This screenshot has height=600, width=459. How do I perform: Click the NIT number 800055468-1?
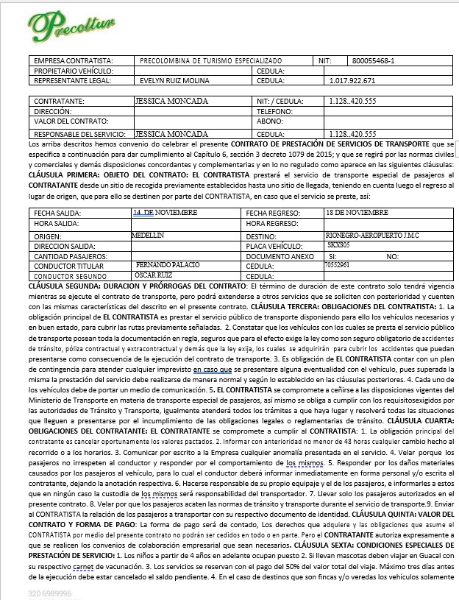tap(374, 60)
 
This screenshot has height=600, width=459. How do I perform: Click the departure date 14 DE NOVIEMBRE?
tap(165, 212)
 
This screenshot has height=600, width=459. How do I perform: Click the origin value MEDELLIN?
tap(146, 234)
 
